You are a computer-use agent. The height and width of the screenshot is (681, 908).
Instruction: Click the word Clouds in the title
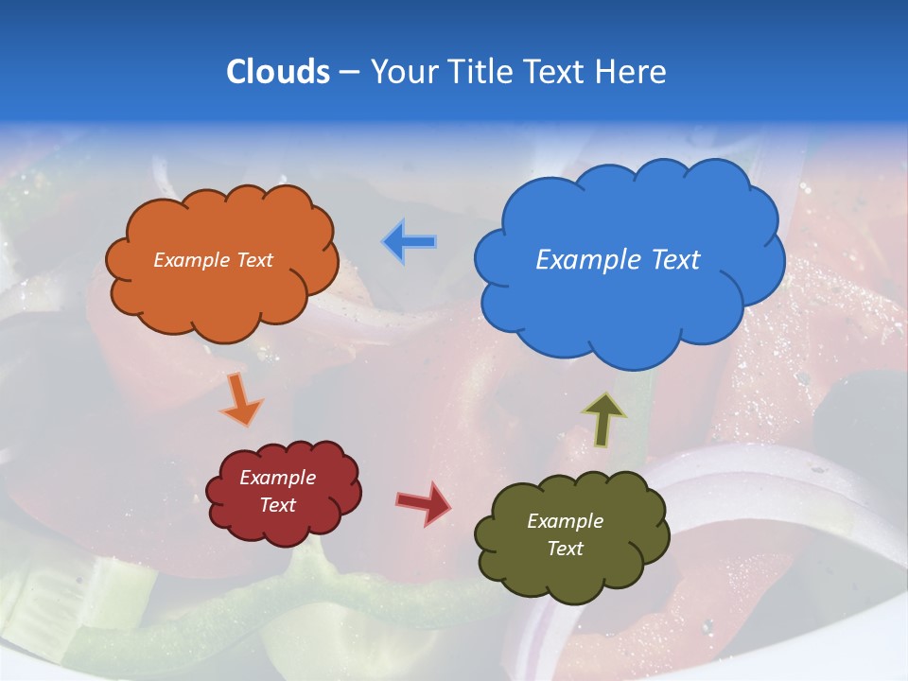(x=278, y=72)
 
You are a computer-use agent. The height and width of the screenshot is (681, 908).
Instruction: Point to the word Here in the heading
(x=631, y=72)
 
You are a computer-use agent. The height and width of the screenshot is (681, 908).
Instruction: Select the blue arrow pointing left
(x=410, y=242)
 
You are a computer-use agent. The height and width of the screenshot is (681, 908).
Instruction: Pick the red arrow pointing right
(x=424, y=503)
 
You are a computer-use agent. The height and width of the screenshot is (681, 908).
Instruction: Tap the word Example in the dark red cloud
(x=277, y=478)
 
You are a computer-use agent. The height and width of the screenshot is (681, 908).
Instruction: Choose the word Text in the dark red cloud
(x=277, y=505)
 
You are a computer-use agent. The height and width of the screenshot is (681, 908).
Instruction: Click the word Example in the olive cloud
(x=565, y=521)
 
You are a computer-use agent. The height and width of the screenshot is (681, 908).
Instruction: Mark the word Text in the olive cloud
(x=565, y=549)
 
